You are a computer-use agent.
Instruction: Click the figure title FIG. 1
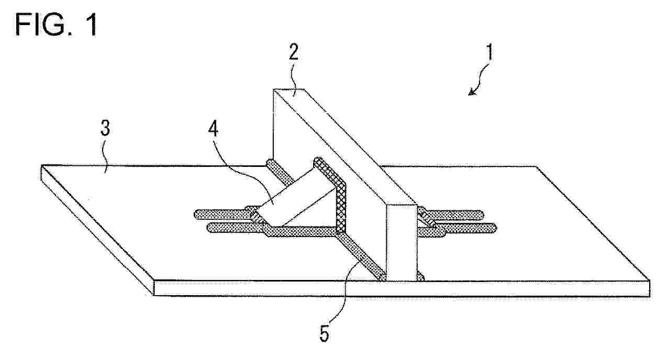click(56, 25)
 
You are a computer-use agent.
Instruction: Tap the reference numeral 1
click(489, 53)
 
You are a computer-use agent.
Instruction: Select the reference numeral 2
click(293, 52)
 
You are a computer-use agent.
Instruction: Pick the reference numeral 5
click(325, 333)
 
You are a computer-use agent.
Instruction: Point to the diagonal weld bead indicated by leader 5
click(361, 257)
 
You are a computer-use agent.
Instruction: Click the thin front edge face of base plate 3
click(402, 288)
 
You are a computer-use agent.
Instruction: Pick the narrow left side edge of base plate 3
click(97, 230)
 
